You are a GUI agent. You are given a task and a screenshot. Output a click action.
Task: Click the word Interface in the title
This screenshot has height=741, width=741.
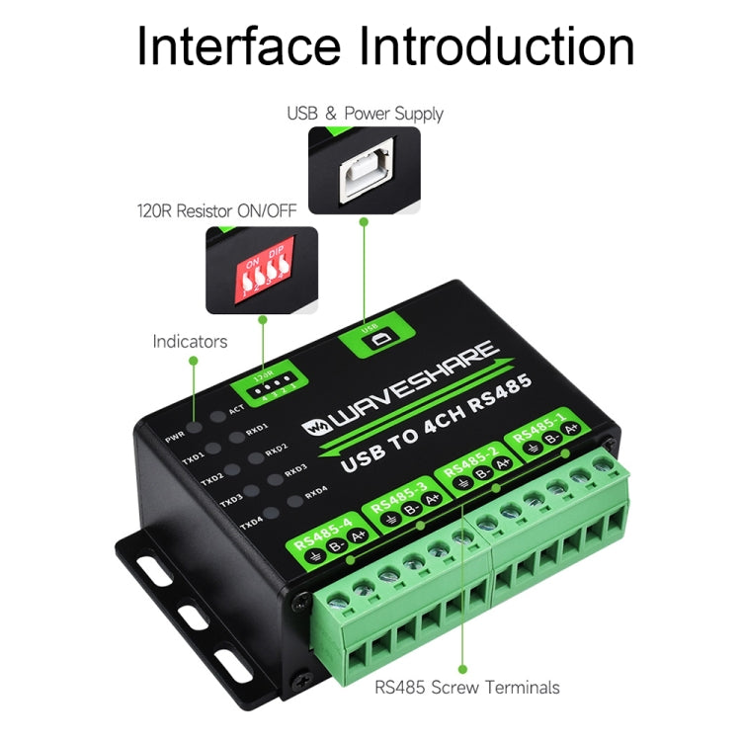tap(240, 46)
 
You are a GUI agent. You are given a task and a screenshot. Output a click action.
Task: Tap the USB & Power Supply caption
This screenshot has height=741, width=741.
tap(365, 114)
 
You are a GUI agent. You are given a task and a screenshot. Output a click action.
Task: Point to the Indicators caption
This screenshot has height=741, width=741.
tap(190, 342)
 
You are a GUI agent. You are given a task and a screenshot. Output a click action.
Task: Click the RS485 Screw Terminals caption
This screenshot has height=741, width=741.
tap(466, 688)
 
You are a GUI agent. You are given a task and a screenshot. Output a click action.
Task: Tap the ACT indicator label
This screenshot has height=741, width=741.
tap(236, 408)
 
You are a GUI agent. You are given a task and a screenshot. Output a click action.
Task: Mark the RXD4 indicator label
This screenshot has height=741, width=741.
tap(316, 491)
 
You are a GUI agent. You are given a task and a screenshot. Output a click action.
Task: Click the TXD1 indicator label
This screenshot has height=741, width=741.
tap(193, 458)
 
